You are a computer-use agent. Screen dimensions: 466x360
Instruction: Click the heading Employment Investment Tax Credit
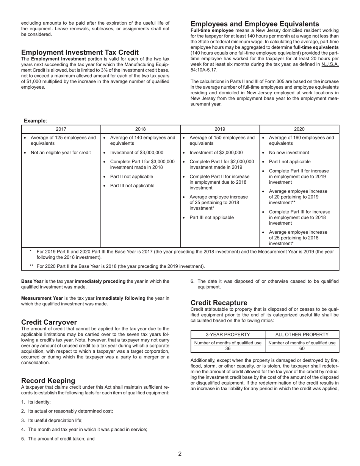80,52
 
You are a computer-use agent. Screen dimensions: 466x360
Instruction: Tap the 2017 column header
61,129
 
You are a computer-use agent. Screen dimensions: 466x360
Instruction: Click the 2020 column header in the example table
299,129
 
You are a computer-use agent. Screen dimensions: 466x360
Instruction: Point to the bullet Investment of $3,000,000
136,153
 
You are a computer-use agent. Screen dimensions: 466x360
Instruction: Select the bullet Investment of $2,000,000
216,153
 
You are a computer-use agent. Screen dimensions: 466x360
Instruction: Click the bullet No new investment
289,153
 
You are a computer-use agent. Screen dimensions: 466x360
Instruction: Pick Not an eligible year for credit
61,153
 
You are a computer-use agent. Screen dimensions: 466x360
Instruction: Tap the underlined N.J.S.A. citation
330,64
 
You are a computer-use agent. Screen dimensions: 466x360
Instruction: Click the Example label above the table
35,120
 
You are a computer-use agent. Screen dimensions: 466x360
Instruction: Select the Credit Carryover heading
49,322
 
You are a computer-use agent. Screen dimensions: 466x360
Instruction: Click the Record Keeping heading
48,380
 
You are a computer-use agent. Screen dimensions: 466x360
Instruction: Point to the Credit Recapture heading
219,303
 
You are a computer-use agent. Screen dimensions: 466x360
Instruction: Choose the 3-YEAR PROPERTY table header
228,335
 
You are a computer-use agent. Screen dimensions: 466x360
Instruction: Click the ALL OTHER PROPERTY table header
302,335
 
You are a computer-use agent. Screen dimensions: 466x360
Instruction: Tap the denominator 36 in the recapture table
228,349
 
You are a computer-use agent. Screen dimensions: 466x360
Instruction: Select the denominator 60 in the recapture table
302,349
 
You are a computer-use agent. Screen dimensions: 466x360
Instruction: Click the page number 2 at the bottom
180,454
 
